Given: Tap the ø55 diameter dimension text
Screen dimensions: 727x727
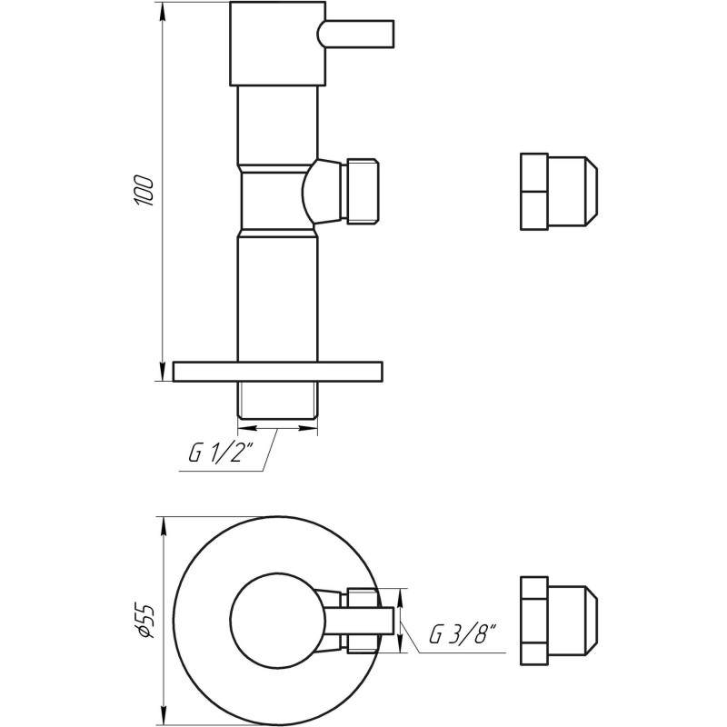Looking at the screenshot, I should tap(144, 618).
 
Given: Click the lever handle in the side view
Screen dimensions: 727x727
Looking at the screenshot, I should tap(356, 34).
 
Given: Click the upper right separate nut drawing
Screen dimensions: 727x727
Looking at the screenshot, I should tap(556, 191).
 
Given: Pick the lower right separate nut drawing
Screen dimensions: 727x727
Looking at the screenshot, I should tap(556, 620).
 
